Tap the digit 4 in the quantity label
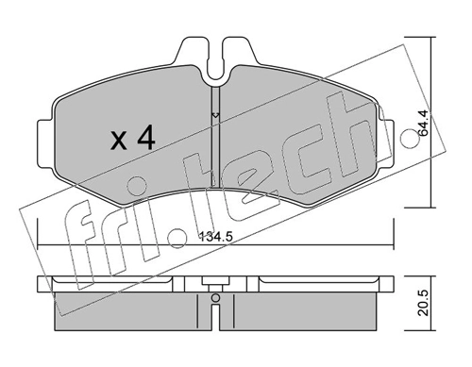pyautogui.click(x=144, y=140)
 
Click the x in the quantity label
pyautogui.click(x=119, y=142)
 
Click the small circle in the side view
pyautogui.click(x=215, y=301)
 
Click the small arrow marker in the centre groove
pyautogui.click(x=215, y=116)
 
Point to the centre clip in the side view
pyautogui.click(x=215, y=281)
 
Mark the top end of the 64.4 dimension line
pyautogui.click(x=432, y=40)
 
